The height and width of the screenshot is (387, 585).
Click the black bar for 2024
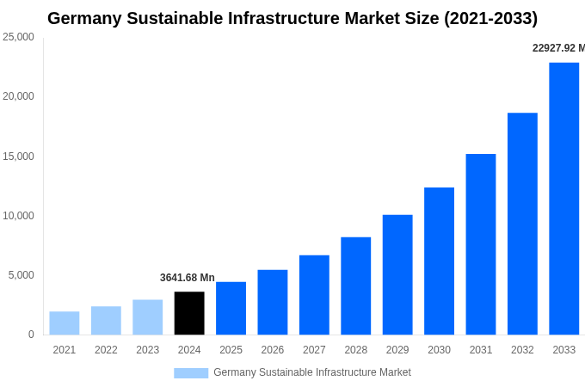(189, 313)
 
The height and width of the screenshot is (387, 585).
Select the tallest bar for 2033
(563, 199)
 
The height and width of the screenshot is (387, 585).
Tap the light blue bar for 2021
(65, 323)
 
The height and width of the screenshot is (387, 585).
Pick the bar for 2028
(355, 286)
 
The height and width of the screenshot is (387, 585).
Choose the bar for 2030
(439, 261)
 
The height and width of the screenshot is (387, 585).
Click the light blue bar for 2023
(147, 317)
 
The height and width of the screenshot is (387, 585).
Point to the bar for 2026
(273, 302)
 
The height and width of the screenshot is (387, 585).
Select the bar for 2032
(522, 224)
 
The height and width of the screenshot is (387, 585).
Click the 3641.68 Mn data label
(187, 278)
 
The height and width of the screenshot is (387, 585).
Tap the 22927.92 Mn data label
(558, 48)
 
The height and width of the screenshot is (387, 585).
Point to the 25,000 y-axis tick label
(18, 37)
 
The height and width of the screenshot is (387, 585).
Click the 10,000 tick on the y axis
(18, 216)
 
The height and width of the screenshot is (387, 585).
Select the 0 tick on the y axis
(31, 335)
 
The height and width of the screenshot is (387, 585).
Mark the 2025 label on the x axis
(231, 350)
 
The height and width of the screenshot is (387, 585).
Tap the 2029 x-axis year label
(397, 350)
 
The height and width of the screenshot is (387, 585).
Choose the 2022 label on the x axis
(106, 350)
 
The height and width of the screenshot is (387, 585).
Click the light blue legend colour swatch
(191, 372)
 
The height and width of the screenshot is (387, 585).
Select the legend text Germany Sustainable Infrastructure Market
(312, 372)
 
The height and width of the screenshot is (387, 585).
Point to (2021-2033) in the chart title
(490, 18)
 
